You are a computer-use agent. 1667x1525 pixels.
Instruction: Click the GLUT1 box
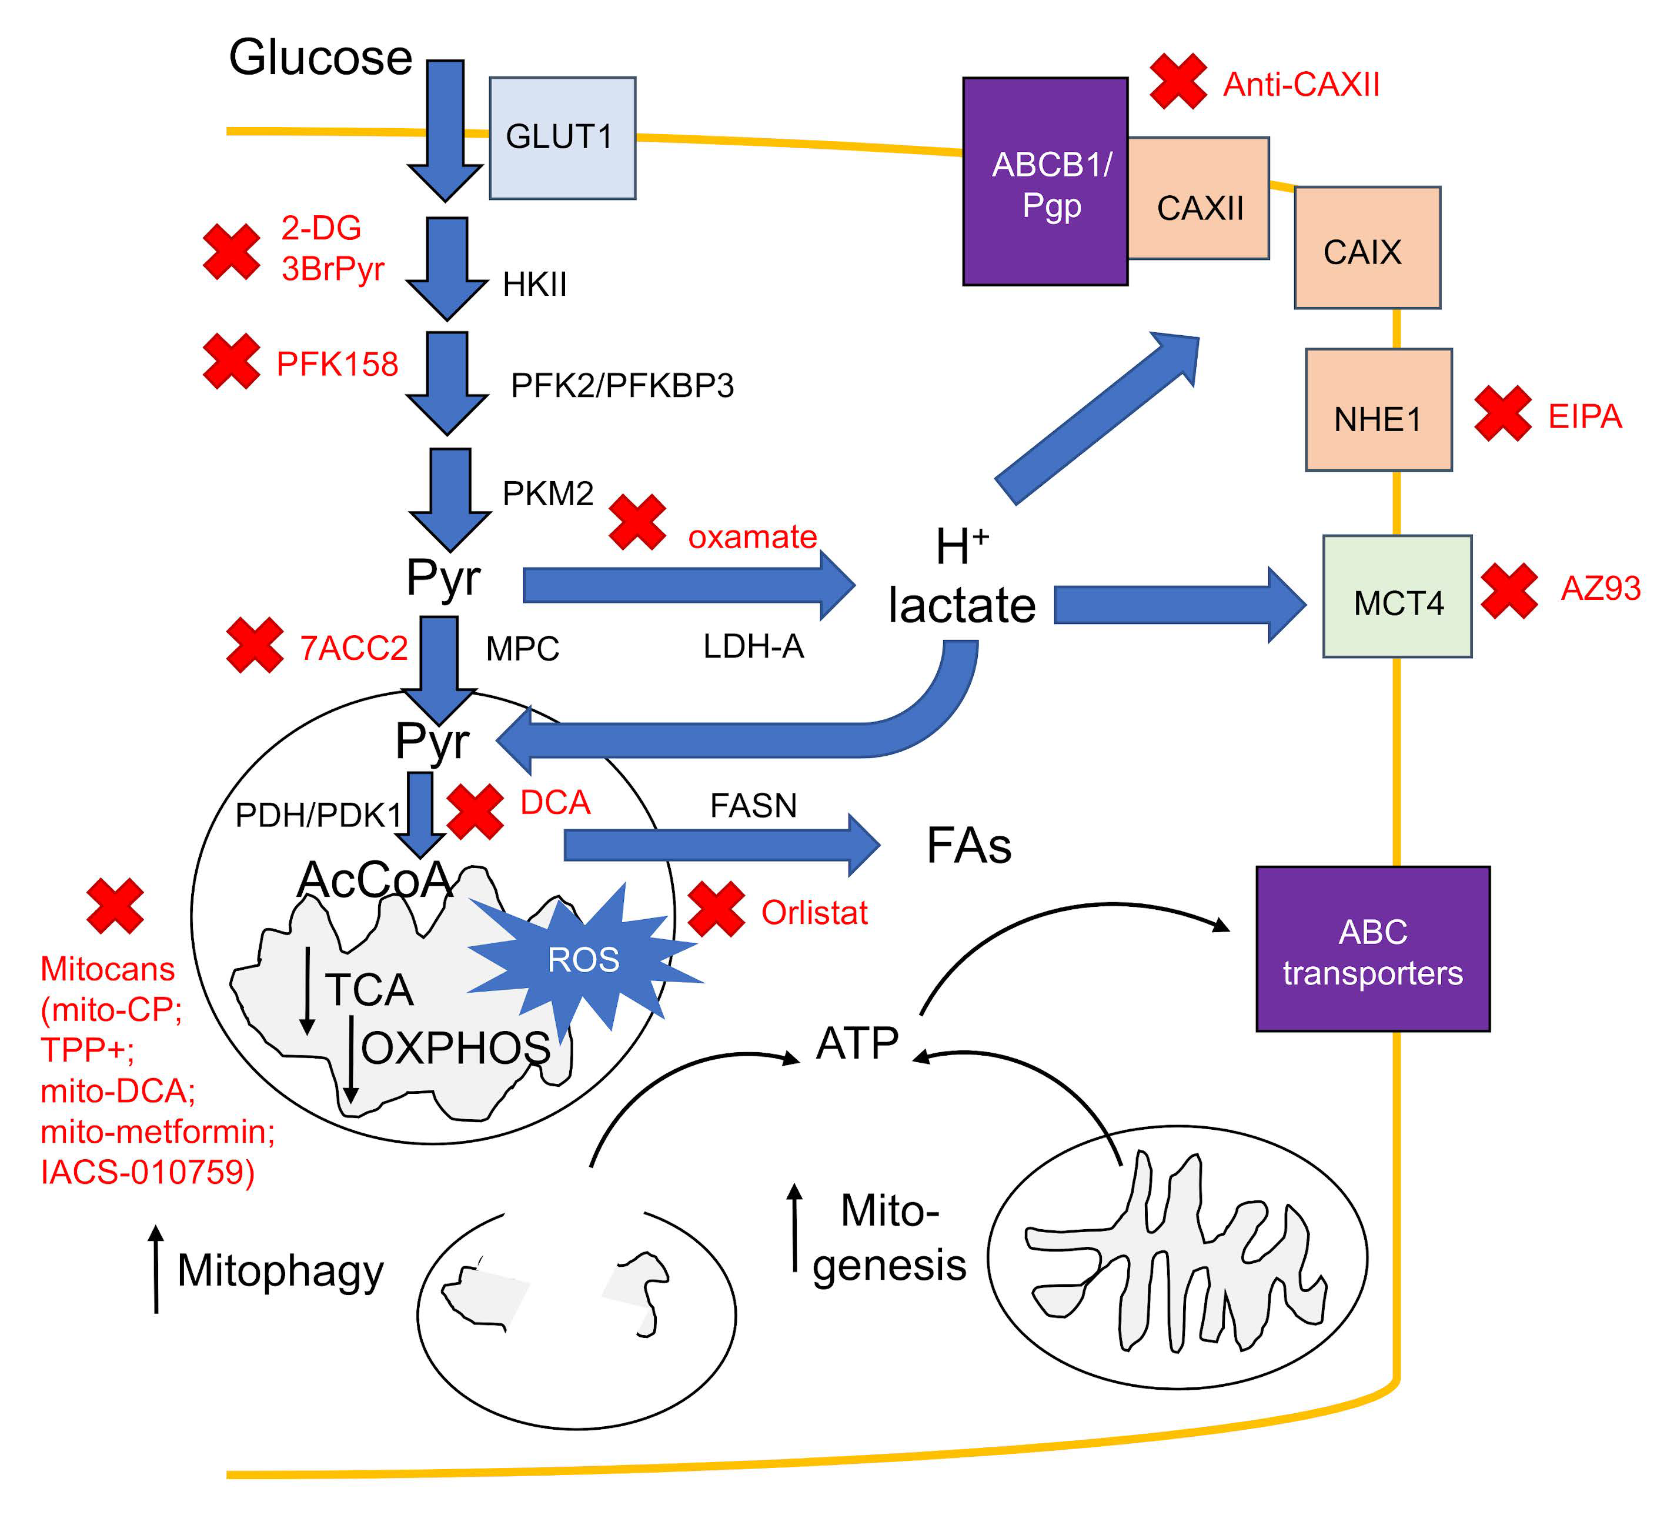(x=562, y=138)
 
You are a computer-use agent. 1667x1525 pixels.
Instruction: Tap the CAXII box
(x=1198, y=198)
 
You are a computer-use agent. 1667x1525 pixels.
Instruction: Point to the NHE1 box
(x=1378, y=410)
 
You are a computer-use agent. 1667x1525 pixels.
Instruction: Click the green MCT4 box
(x=1398, y=596)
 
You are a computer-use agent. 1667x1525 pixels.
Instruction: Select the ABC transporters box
(x=1372, y=949)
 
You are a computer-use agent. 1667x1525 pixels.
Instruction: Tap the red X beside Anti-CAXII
(x=1178, y=81)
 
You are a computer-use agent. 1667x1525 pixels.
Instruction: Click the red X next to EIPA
(x=1504, y=413)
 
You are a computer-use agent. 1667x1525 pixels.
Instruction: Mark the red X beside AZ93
(x=1509, y=590)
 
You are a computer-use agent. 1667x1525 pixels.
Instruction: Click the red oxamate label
(x=753, y=537)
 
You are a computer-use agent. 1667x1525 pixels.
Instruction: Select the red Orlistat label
(x=814, y=912)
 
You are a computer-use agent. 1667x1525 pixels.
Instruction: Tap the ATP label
(x=857, y=1043)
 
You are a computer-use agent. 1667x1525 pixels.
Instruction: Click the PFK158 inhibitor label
(x=338, y=364)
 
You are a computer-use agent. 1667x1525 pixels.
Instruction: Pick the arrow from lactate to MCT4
(x=1180, y=605)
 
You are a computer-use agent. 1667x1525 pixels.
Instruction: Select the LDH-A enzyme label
(x=753, y=646)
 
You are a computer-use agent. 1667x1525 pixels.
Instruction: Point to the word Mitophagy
(x=280, y=1270)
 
